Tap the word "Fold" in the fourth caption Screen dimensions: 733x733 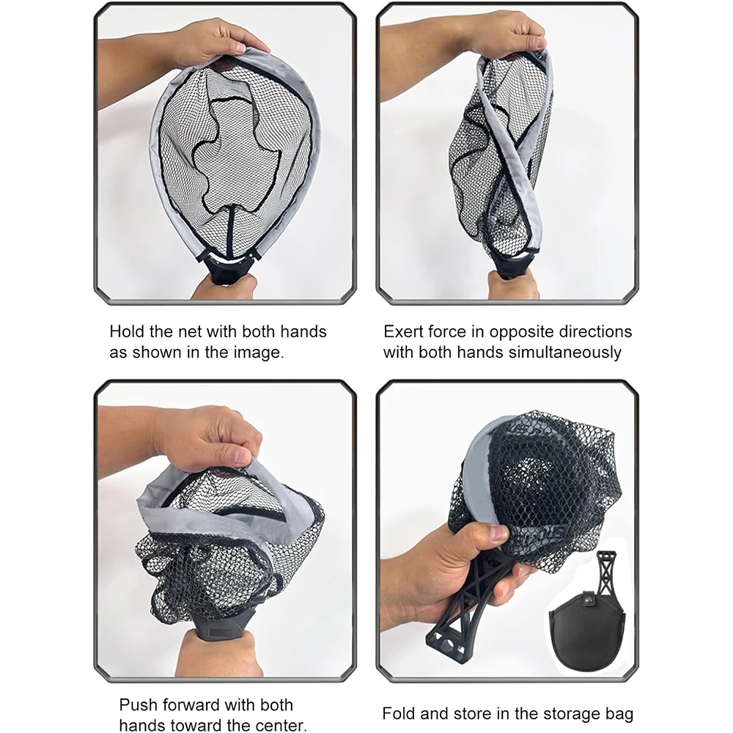pyautogui.click(x=399, y=713)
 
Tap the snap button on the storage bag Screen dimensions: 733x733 pyautogui.click(x=589, y=597)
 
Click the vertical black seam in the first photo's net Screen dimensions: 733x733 pyautogui.click(x=230, y=232)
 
